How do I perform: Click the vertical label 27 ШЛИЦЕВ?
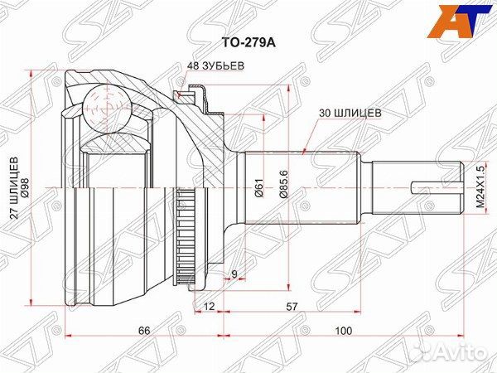[14, 186]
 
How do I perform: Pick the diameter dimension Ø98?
[26, 186]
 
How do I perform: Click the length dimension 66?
[144, 331]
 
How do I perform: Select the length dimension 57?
[292, 308]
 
